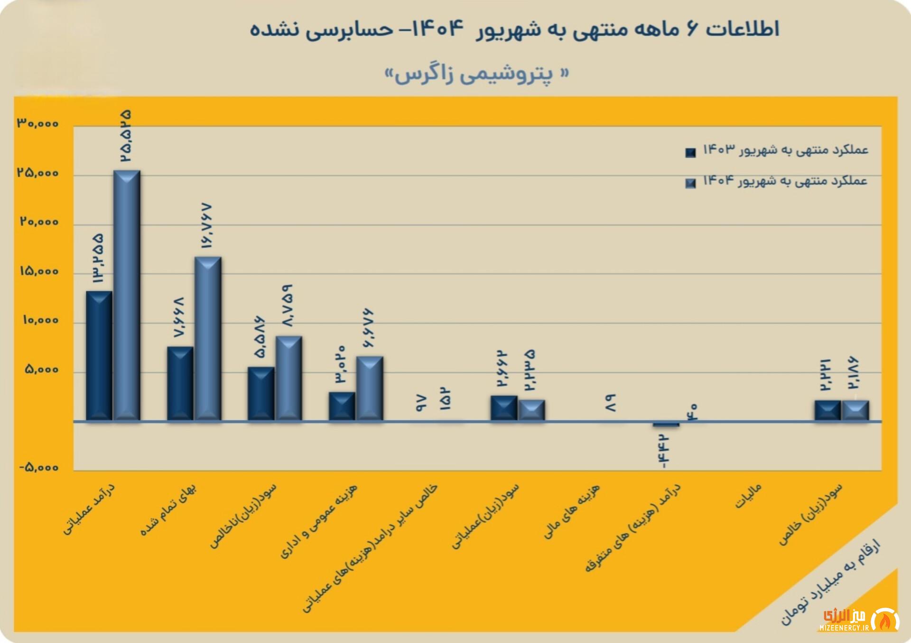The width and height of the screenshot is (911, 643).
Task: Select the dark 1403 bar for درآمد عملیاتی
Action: (x=99, y=356)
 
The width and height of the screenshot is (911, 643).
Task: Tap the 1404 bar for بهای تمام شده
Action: (x=208, y=339)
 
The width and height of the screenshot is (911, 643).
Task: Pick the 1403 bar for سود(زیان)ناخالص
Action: (x=261, y=394)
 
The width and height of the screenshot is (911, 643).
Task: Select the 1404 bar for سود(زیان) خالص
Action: (x=855, y=411)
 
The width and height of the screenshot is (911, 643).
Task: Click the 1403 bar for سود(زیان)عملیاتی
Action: (x=504, y=408)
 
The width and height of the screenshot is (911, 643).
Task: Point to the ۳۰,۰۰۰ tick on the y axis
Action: (x=38, y=124)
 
